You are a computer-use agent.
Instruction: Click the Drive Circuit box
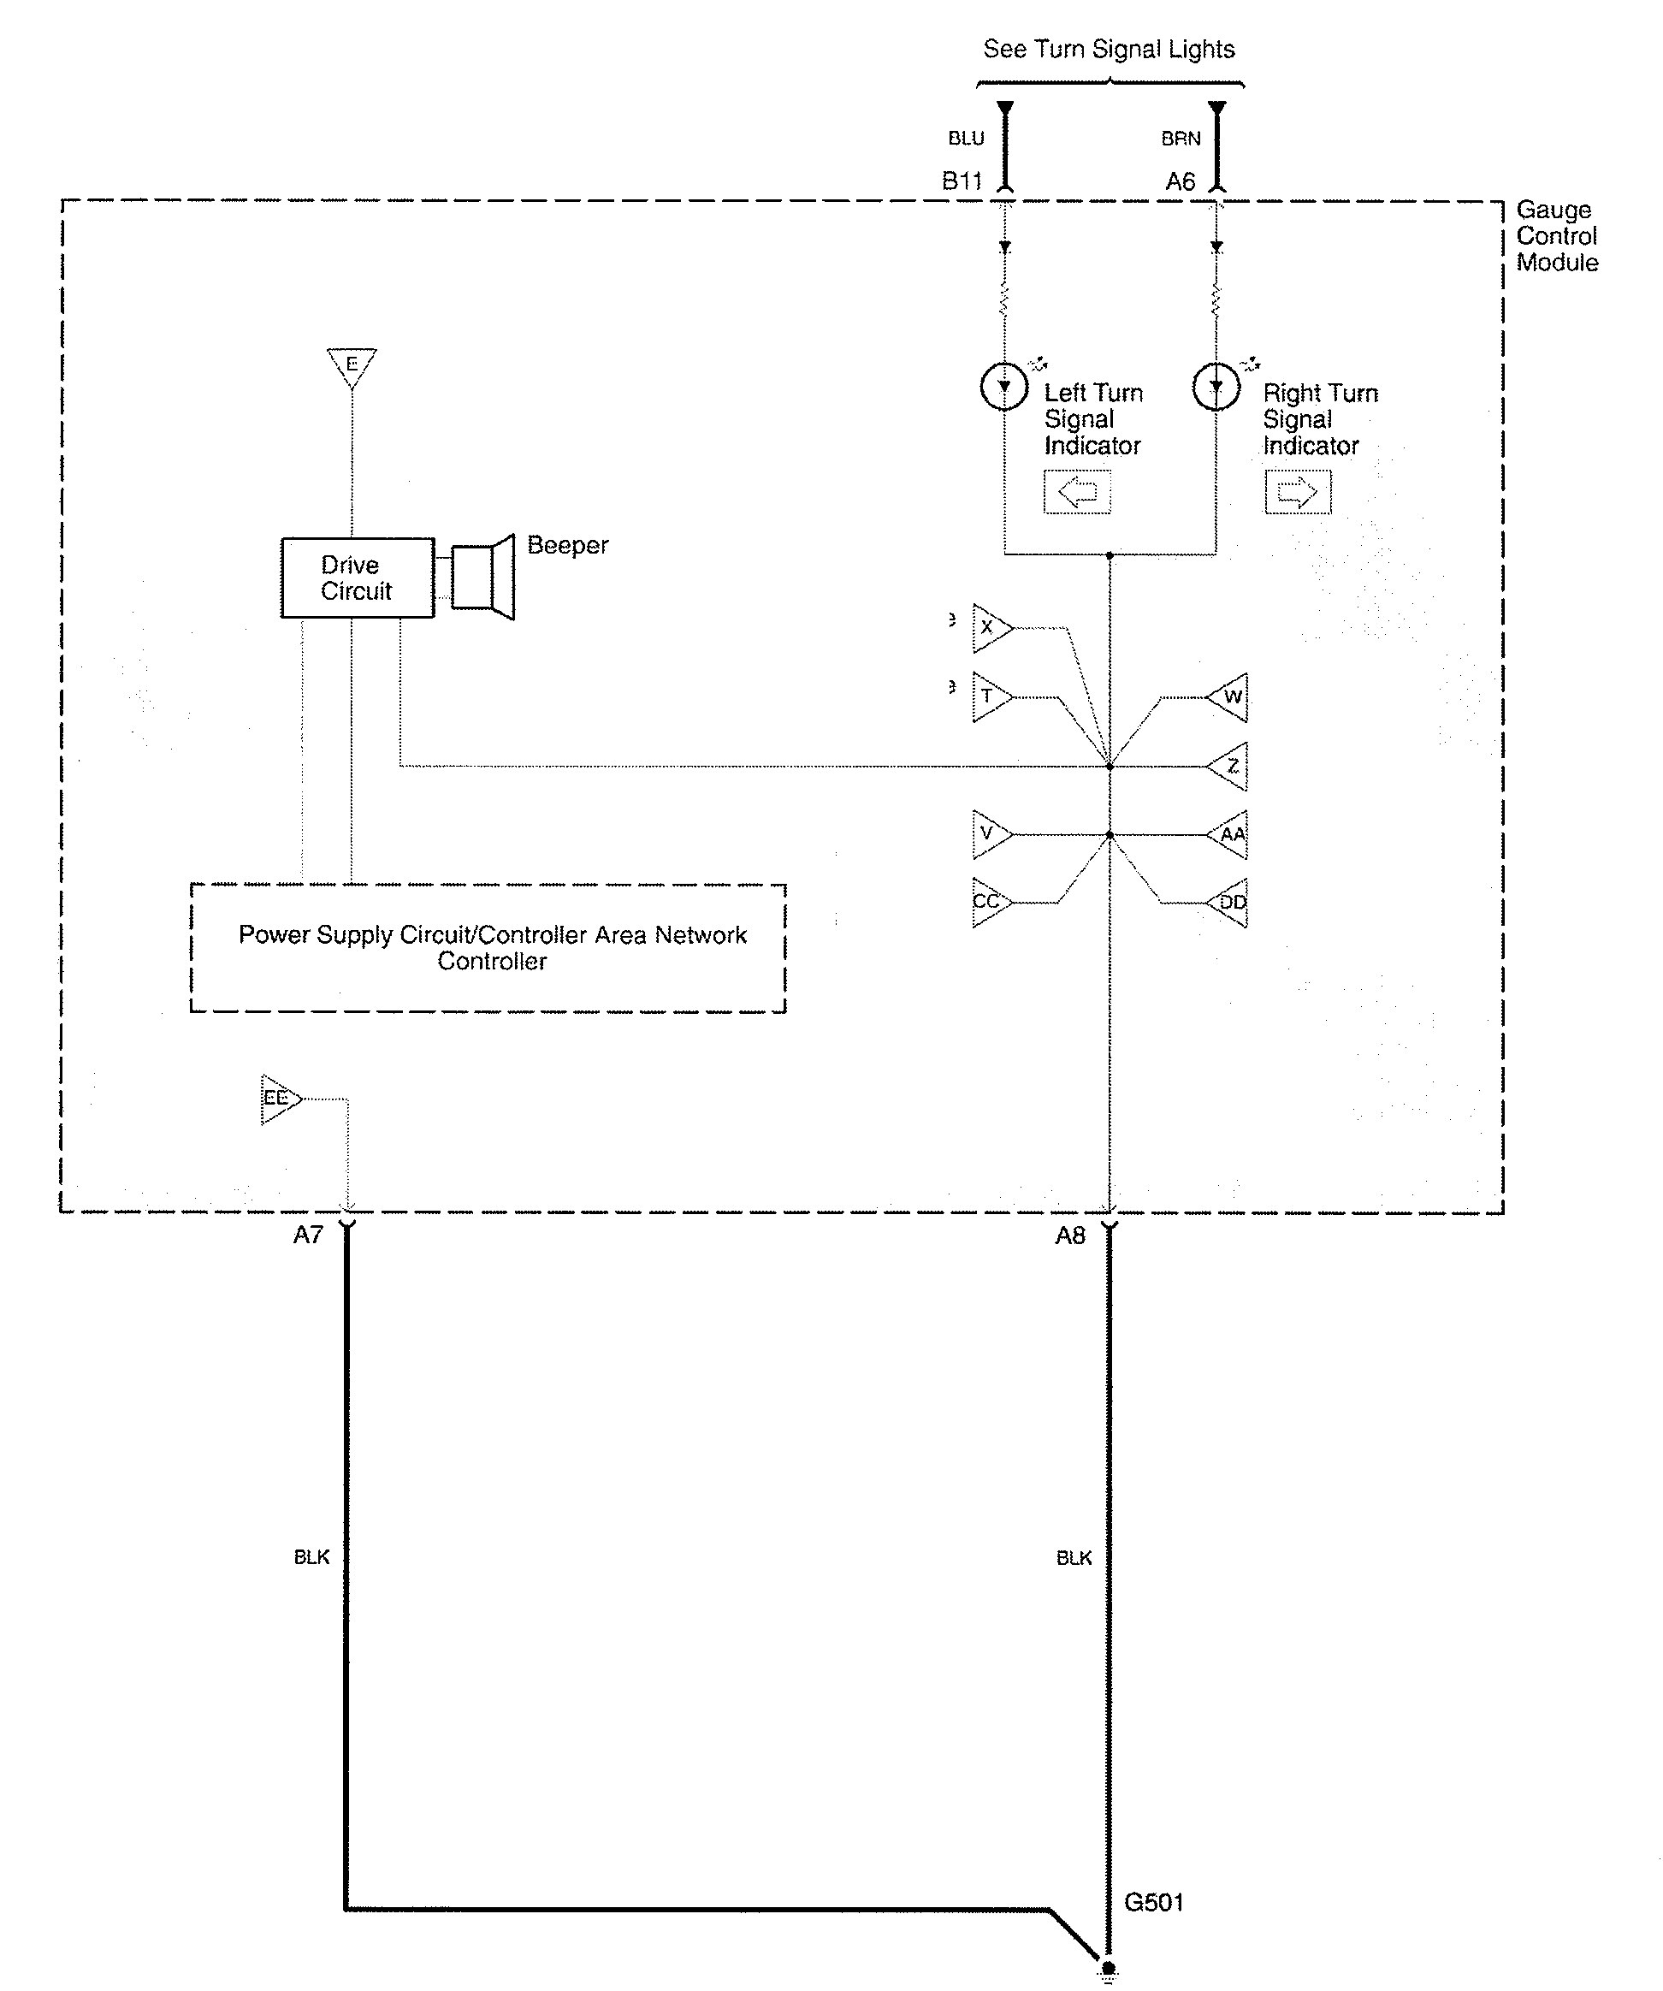point(358,578)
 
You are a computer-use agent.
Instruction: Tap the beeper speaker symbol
point(482,577)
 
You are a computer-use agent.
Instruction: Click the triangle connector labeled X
point(989,628)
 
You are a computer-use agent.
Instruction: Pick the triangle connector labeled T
point(989,696)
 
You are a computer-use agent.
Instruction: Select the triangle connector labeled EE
point(278,1099)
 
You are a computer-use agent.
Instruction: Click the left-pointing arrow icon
point(1077,492)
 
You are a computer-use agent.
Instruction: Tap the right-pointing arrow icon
point(1297,492)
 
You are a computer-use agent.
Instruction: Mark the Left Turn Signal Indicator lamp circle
point(1004,387)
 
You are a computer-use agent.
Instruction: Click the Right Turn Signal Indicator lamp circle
point(1216,387)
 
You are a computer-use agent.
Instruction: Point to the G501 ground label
point(1153,1902)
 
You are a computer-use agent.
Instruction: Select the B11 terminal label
point(962,181)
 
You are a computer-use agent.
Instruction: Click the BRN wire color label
point(1181,139)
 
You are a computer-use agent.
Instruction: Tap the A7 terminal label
point(308,1235)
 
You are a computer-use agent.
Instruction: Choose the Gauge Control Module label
point(1557,236)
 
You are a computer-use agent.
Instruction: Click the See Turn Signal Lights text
point(1109,50)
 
